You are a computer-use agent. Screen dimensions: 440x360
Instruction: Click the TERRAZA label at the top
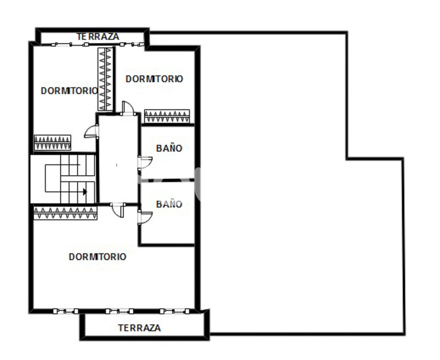click(98, 37)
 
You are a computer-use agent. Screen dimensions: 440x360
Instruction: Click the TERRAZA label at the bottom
click(139, 328)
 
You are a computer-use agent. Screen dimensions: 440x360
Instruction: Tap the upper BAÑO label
click(169, 148)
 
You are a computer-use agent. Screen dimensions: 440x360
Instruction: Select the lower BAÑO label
click(169, 203)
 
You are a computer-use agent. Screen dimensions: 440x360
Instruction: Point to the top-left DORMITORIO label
click(69, 91)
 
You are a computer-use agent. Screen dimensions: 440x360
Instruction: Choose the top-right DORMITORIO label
click(154, 79)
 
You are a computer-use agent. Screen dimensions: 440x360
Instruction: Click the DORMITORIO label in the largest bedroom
click(98, 256)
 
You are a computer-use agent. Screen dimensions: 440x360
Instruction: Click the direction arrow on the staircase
click(85, 192)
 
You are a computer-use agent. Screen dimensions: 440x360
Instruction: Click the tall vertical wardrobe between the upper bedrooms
click(106, 79)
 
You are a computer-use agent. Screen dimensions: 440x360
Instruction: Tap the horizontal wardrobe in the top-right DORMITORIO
click(167, 116)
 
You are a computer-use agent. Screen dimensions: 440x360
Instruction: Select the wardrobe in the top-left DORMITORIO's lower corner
click(53, 142)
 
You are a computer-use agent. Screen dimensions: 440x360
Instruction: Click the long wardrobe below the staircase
click(65, 213)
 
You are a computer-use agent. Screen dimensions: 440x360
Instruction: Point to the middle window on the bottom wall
click(119, 311)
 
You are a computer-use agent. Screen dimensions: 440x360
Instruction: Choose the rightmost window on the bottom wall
click(174, 311)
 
